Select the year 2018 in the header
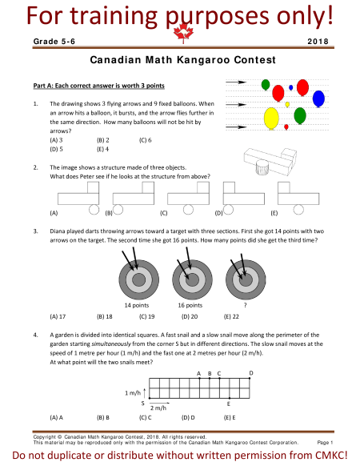318,42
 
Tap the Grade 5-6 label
54,42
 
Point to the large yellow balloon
271,119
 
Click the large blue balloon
318,98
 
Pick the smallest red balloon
286,127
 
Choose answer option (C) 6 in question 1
146,140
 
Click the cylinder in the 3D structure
262,167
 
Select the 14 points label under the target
137,305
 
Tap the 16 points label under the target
190,305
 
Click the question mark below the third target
245,305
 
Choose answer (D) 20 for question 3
190,316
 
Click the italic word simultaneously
111,343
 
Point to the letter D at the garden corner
251,373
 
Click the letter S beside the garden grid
143,404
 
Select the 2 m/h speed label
158,408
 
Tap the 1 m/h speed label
133,393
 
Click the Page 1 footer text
325,443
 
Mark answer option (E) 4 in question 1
102,149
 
